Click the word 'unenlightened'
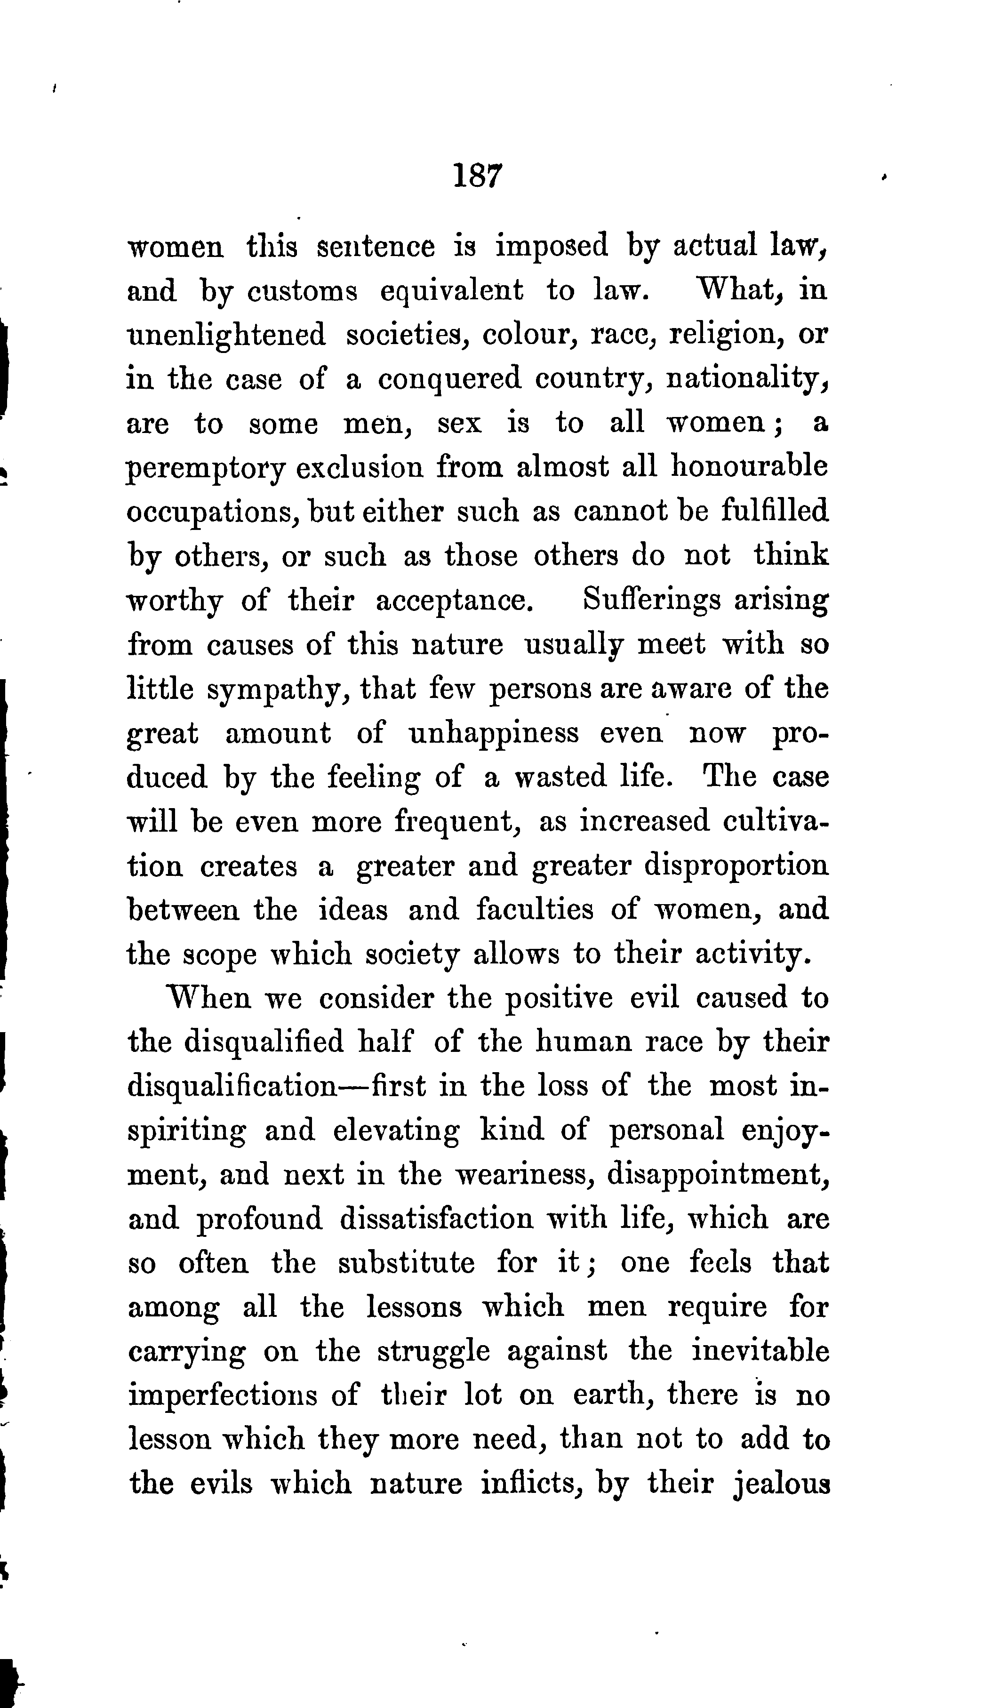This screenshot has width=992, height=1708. pos(226,336)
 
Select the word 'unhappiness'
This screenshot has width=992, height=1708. pos(494,733)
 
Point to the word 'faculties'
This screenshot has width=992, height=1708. pos(534,910)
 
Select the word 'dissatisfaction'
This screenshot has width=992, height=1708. pos(436,1219)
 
